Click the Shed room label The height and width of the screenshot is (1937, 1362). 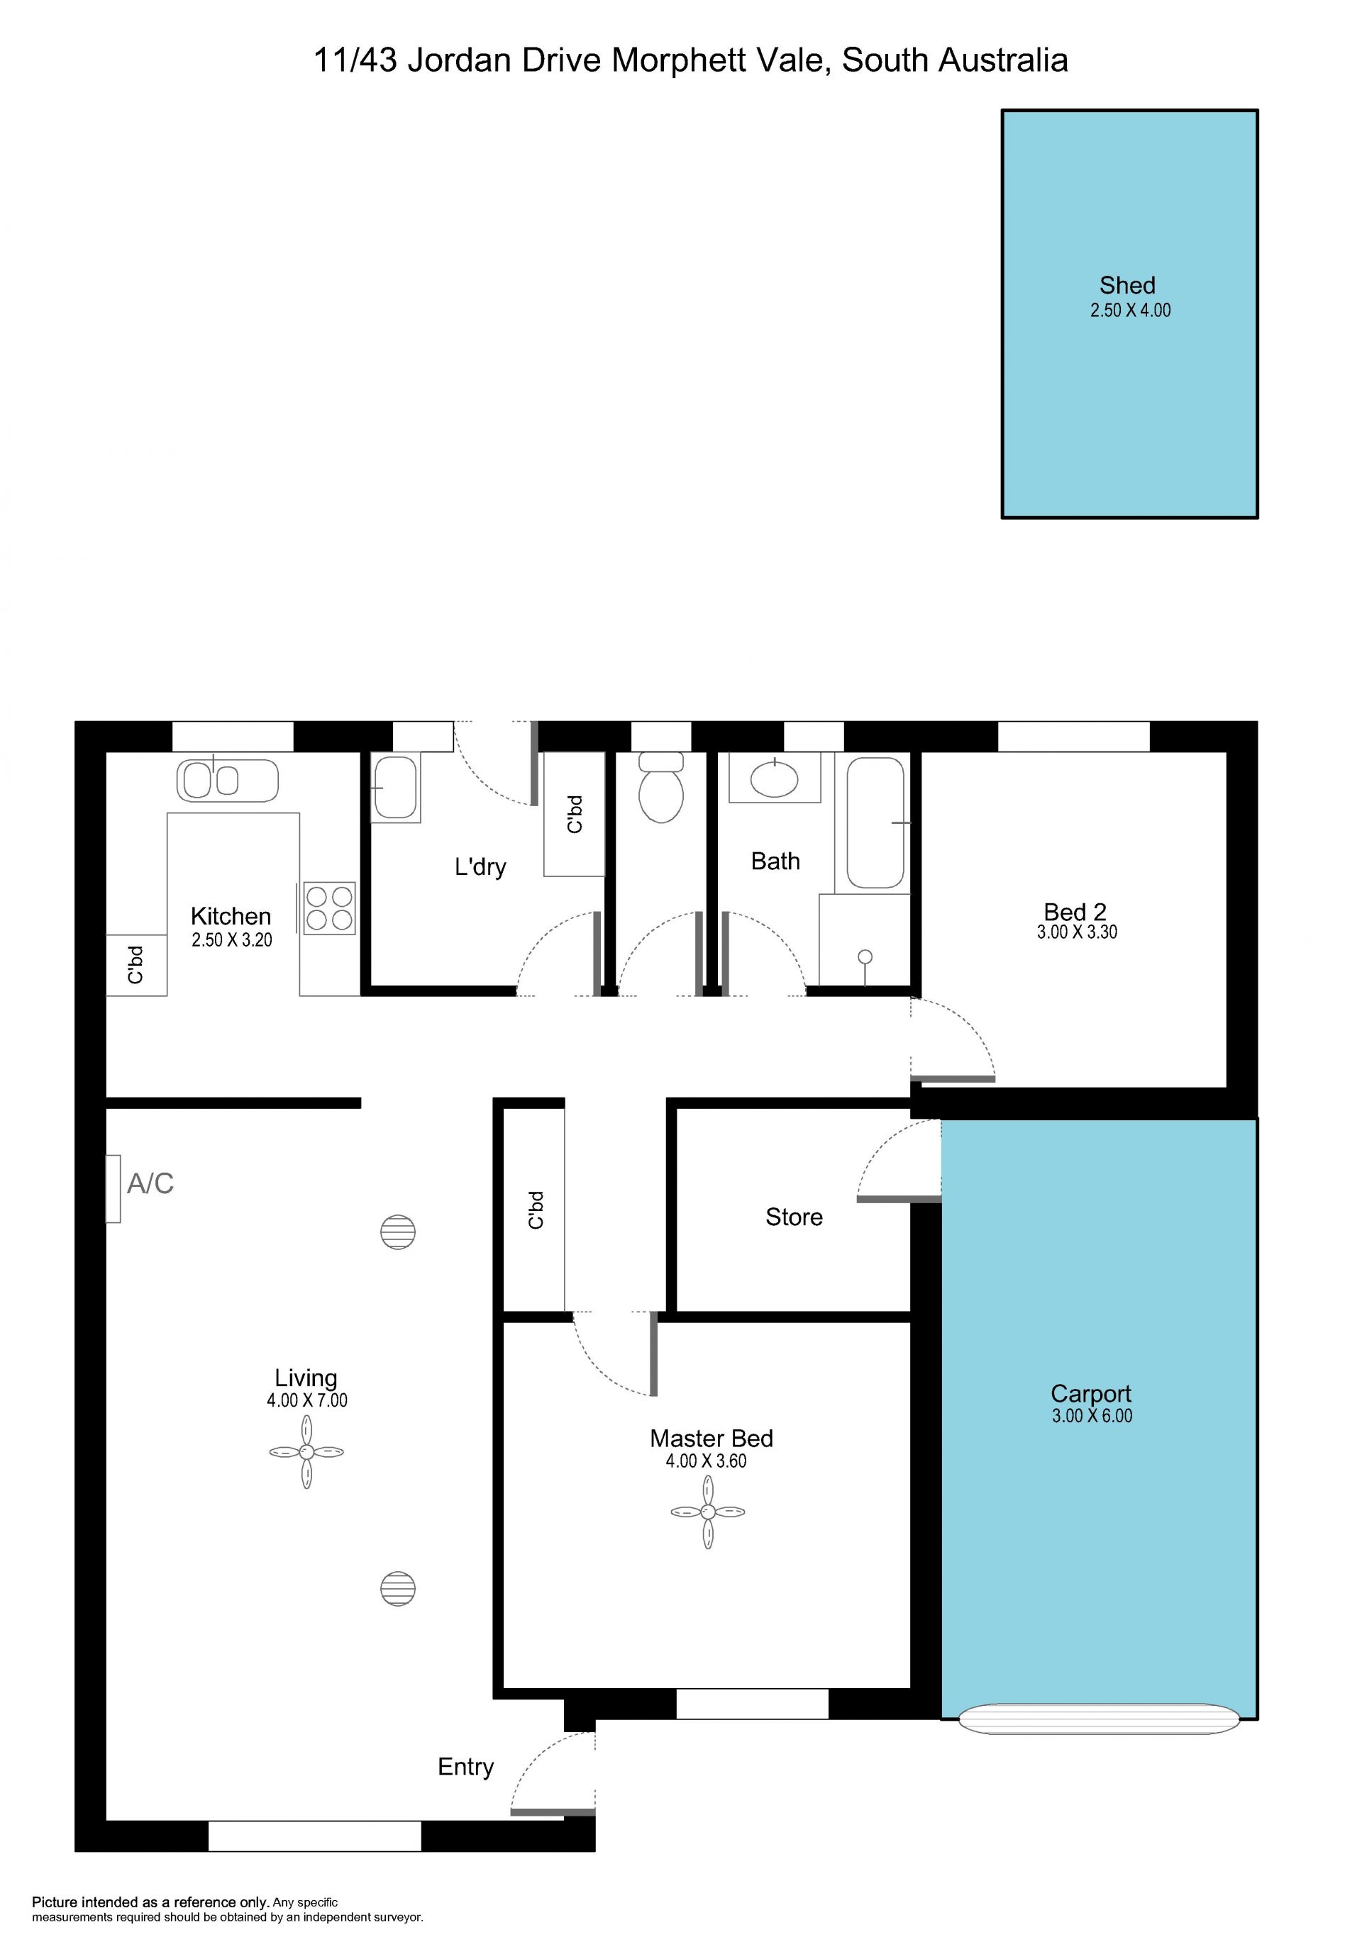(1126, 285)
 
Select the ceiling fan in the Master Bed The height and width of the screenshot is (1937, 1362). (707, 1512)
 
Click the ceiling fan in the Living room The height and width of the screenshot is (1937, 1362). (306, 1452)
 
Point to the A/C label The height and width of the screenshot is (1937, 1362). (150, 1183)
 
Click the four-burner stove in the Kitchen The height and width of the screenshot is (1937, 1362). (329, 908)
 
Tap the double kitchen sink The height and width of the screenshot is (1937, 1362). (227, 781)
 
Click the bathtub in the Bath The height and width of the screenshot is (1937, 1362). (875, 822)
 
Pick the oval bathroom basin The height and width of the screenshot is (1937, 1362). (774, 781)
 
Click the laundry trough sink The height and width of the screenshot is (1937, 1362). (396, 787)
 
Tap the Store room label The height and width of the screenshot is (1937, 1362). (793, 1217)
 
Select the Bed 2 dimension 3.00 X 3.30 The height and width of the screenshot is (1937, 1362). (1077, 932)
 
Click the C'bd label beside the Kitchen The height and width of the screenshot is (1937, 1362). (135, 964)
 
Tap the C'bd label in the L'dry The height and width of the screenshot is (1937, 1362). (575, 814)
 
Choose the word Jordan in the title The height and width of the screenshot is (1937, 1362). (460, 61)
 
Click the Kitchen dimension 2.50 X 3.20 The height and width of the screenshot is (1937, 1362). (231, 940)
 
